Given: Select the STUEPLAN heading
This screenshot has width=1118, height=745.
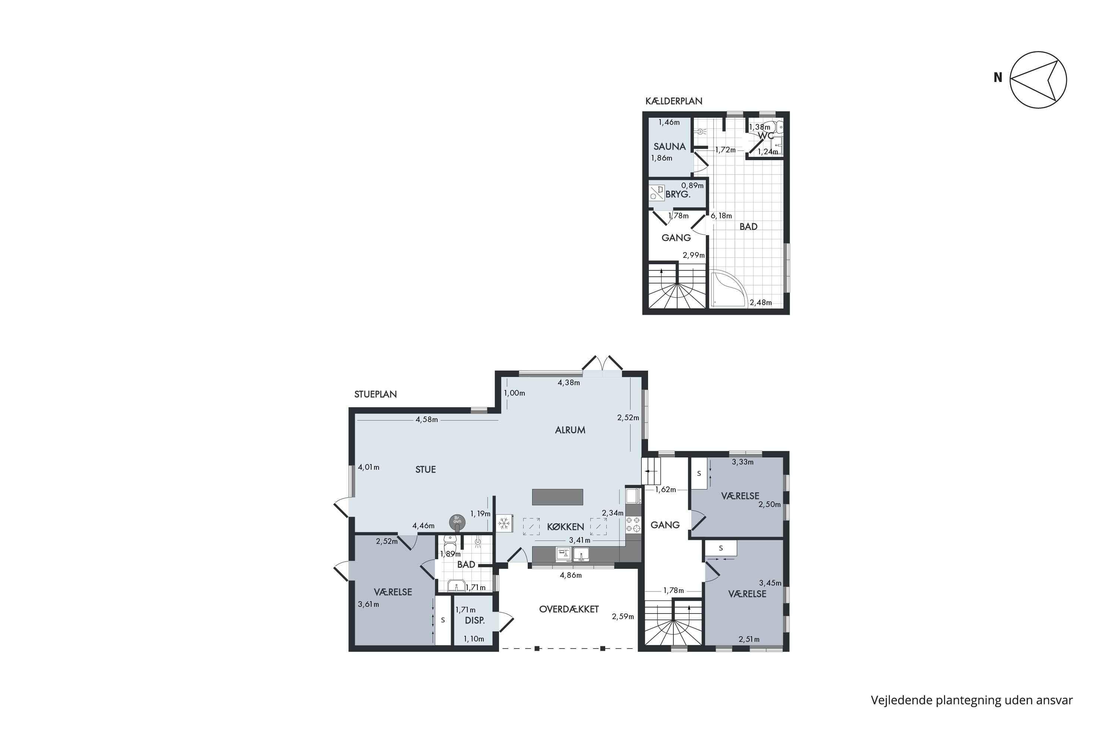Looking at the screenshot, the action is (x=376, y=394).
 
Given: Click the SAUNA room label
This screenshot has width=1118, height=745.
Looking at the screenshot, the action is (x=669, y=147).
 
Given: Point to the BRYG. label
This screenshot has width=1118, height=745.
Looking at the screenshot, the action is (x=678, y=194).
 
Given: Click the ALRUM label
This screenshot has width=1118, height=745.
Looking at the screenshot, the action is (x=570, y=430).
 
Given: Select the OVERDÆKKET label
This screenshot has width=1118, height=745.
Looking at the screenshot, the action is (x=569, y=609).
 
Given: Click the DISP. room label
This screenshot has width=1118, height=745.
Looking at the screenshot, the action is (x=474, y=621).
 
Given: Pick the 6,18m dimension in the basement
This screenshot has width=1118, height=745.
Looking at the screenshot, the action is (x=721, y=216).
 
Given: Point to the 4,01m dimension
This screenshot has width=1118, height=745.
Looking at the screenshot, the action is (x=369, y=467).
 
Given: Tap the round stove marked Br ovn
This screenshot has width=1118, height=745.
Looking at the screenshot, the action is (x=457, y=522).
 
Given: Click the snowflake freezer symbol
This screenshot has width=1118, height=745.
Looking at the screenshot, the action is (x=504, y=524).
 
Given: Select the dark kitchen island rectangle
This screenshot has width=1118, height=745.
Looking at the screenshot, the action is (x=557, y=497).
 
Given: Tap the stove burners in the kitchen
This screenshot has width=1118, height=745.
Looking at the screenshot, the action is (x=633, y=524).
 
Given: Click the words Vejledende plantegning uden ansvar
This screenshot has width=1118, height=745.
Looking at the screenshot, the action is (x=972, y=700).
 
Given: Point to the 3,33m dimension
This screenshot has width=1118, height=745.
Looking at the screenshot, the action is (x=742, y=462).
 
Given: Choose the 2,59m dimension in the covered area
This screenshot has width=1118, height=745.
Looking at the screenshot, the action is (x=623, y=617).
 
